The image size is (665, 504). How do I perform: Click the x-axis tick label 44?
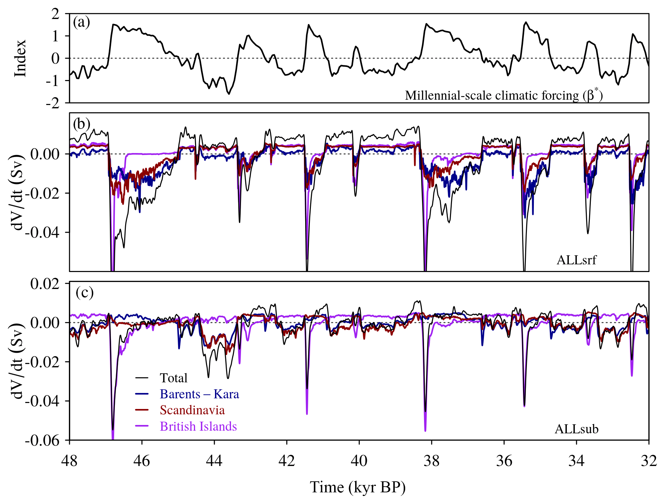point(214,461)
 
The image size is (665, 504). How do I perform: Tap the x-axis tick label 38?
point(431,461)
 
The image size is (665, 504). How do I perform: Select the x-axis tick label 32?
point(649,461)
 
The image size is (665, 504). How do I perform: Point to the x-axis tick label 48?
point(70,461)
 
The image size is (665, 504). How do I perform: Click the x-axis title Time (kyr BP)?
point(358,487)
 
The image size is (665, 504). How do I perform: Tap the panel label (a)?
point(82,22)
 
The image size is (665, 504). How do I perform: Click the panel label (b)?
point(82,124)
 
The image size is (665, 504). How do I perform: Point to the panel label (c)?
point(85,293)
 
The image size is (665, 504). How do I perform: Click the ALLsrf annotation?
point(576,260)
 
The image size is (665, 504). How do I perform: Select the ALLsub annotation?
point(576,429)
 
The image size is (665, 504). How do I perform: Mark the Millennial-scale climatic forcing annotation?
point(504,95)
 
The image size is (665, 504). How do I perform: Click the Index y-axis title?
point(20,58)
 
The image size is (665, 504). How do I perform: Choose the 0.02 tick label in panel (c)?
point(45,284)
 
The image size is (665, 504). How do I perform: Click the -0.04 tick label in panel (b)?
point(42,232)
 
